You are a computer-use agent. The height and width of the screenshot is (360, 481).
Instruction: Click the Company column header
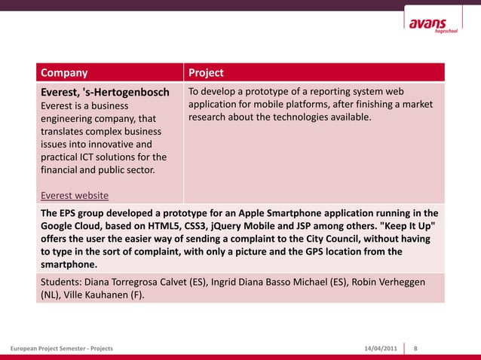click(64, 73)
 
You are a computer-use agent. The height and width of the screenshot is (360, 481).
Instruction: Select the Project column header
click(206, 73)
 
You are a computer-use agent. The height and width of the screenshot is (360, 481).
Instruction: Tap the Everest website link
click(74, 195)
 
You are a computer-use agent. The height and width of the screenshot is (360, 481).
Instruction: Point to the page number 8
click(416, 349)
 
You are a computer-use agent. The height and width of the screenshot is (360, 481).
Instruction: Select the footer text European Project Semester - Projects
click(62, 349)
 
